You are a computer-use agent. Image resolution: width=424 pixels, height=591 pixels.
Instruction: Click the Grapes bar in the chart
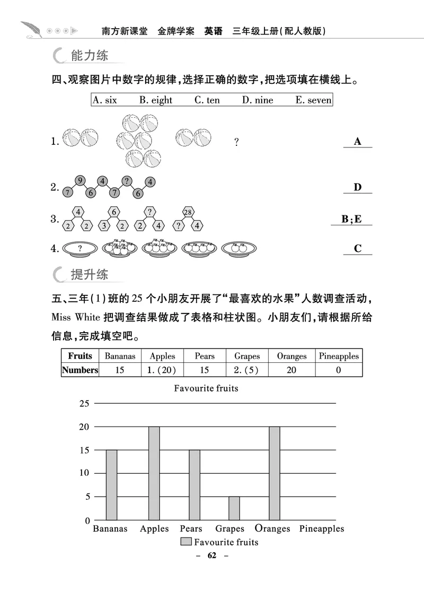[234, 508]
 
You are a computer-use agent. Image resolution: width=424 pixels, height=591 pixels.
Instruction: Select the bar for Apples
[154, 473]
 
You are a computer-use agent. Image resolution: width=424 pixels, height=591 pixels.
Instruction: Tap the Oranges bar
[274, 473]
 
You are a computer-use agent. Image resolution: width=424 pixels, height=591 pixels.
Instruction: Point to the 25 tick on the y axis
[84, 404]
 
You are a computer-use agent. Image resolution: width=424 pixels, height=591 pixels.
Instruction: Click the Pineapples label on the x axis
[321, 528]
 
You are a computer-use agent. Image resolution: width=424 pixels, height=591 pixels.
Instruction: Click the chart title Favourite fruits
[206, 388]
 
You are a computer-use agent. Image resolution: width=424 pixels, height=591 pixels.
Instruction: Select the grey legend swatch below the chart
[185, 542]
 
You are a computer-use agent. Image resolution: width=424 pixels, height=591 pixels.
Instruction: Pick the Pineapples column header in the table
[339, 356]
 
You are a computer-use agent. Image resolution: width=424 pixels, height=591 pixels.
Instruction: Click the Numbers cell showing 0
[339, 370]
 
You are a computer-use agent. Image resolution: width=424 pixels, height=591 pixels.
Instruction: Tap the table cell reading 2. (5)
[246, 370]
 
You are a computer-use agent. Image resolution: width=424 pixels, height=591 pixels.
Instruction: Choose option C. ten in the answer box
[207, 100]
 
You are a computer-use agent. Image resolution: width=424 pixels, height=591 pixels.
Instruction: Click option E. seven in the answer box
[313, 100]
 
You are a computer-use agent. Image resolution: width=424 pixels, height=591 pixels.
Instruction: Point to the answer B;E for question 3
[351, 219]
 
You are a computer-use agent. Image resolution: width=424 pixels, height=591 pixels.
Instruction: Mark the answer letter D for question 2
[357, 187]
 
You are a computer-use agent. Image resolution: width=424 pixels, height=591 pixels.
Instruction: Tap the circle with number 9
[79, 180]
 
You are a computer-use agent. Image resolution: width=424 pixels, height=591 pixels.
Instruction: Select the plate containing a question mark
[80, 248]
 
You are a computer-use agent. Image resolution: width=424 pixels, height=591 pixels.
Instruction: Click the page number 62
[212, 555]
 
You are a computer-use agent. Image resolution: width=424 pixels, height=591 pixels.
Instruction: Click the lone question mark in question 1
[236, 142]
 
